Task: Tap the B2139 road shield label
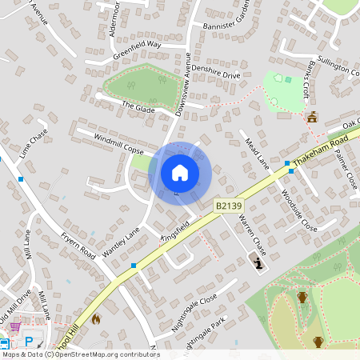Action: pyautogui.click(x=228, y=206)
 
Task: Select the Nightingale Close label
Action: pyautogui.click(x=195, y=314)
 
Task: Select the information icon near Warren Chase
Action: pyautogui.click(x=257, y=260)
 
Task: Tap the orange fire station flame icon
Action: pyautogui.click(x=96, y=318)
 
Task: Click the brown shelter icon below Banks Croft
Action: pyautogui.click(x=312, y=117)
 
